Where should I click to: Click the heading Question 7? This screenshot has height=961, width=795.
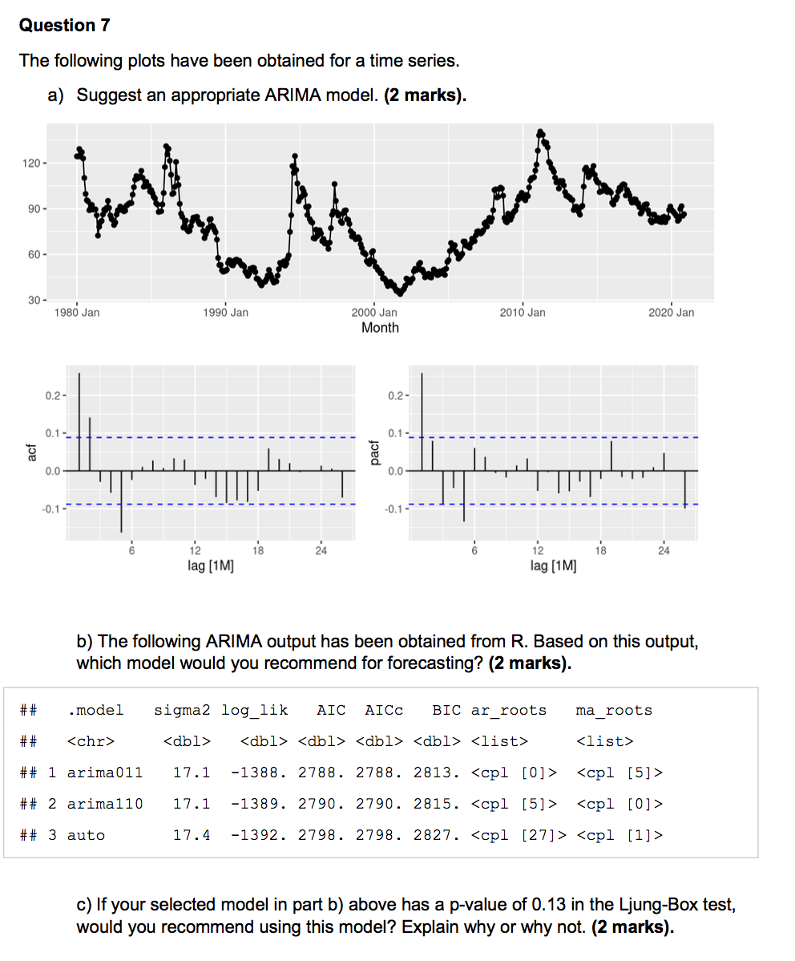tap(64, 26)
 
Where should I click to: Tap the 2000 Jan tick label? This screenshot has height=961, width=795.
tap(374, 313)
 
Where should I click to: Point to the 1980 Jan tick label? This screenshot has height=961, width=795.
tap(77, 313)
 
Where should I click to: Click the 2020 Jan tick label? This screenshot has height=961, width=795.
tap(672, 313)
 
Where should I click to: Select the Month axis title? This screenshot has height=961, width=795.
tap(380, 327)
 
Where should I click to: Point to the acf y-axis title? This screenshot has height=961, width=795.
tap(31, 454)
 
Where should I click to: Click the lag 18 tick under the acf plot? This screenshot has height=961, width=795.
tap(258, 550)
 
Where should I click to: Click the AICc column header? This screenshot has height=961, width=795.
tap(384, 710)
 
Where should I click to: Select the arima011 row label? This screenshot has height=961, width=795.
tap(105, 772)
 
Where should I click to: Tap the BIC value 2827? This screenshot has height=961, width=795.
tap(437, 835)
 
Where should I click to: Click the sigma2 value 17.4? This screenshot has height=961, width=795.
tap(192, 835)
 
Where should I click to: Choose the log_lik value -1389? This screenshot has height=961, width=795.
tap(254, 803)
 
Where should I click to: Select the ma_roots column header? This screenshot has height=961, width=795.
tap(614, 710)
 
